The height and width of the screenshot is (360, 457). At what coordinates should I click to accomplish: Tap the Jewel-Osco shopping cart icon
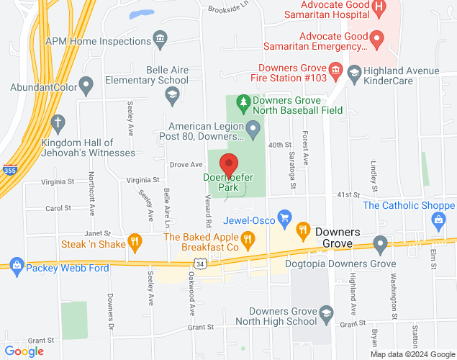(x=285, y=215)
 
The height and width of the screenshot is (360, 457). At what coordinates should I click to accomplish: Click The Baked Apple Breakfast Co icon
(x=248, y=238)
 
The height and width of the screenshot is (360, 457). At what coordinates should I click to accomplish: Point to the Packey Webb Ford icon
(x=16, y=264)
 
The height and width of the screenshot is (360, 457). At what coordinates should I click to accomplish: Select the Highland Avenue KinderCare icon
(x=354, y=72)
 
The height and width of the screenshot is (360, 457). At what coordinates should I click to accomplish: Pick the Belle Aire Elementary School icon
(x=172, y=94)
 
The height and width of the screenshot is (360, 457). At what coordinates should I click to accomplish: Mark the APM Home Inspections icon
(x=160, y=37)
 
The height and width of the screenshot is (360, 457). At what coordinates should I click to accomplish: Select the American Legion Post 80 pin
(x=253, y=130)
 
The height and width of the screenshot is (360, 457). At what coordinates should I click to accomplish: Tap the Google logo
(x=24, y=351)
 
